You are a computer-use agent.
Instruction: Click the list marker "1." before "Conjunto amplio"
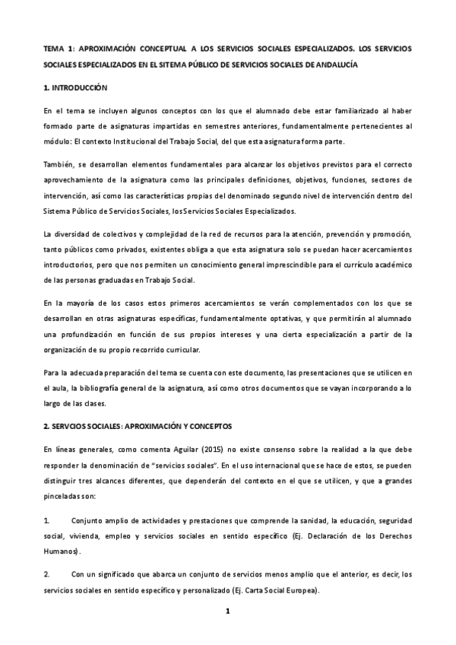point(46,521)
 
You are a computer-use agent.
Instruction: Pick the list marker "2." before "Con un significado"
point(46,574)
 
